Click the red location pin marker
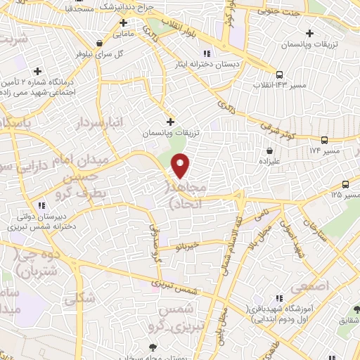click(181, 165)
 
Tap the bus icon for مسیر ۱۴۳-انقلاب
click(280, 75)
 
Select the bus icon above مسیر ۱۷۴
click(324, 140)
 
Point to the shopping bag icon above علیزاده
click(270, 150)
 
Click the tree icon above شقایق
click(356, 309)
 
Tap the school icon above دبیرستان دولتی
click(41, 205)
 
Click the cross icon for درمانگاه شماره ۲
click(37, 71)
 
